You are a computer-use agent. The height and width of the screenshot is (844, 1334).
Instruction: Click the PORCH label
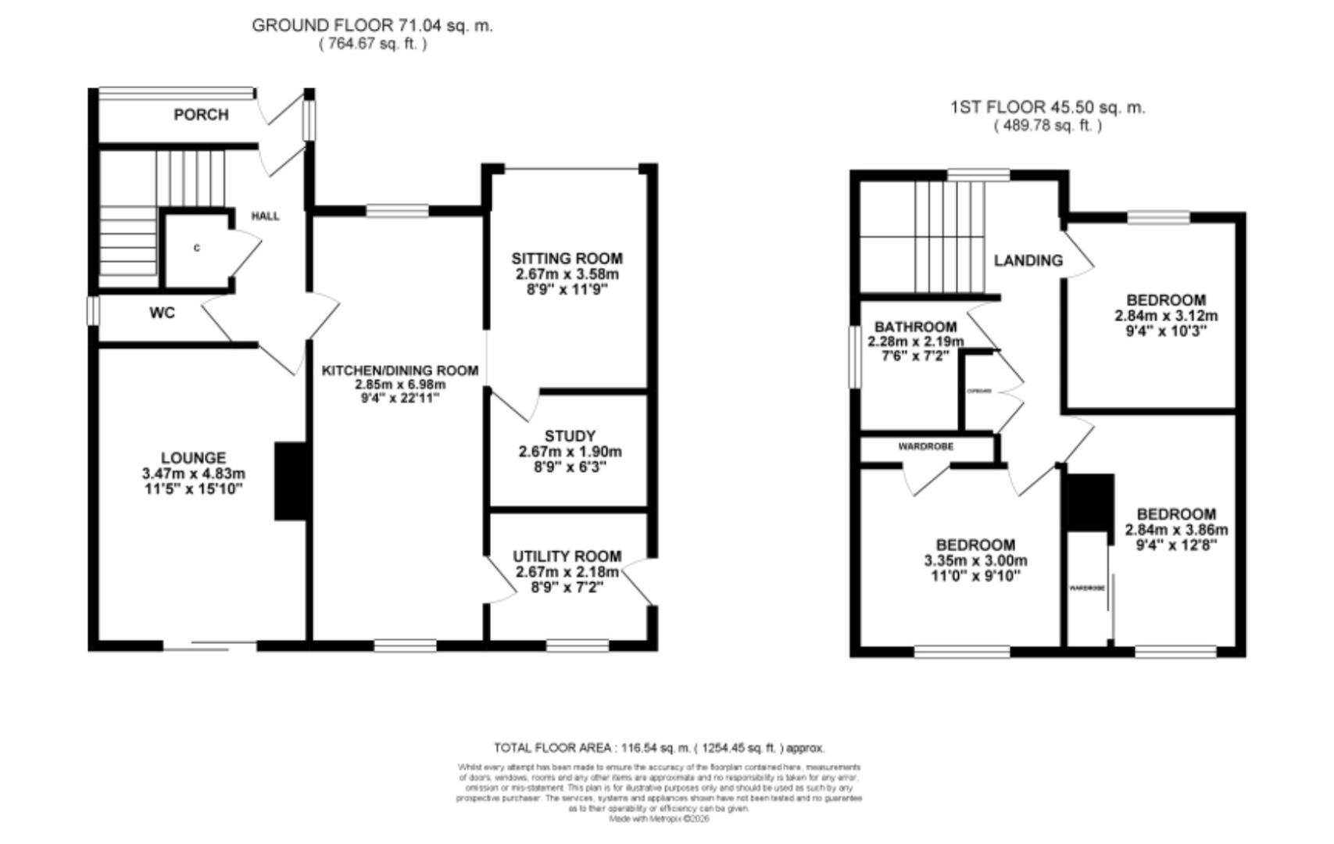coord(201,115)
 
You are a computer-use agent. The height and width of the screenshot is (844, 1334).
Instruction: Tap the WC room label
coord(163,313)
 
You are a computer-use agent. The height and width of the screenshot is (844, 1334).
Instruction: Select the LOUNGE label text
coord(193,458)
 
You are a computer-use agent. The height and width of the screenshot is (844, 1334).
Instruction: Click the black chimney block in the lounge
coord(289,481)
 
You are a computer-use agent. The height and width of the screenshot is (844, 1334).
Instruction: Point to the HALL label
coord(265,216)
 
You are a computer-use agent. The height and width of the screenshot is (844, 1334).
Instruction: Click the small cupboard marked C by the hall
coord(196,249)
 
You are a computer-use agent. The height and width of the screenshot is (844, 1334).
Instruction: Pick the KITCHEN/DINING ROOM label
coord(400,370)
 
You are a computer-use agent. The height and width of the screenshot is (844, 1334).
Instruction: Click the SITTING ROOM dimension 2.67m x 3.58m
coord(567,274)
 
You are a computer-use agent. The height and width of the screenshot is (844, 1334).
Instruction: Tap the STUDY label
coord(570,436)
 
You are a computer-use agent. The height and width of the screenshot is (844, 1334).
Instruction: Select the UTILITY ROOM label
coord(567,556)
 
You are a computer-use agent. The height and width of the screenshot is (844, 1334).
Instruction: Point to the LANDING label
coord(1028,261)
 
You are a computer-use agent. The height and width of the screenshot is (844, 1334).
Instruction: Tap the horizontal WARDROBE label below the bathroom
coord(925,447)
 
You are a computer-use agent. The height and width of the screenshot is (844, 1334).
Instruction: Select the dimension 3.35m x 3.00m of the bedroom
coord(975,561)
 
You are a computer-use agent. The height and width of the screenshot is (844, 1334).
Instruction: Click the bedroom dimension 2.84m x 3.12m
coord(1166,316)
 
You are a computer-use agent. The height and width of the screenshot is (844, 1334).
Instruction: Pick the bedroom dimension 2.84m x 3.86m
coord(1176,530)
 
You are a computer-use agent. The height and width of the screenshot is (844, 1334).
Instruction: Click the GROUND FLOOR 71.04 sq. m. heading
coord(372,25)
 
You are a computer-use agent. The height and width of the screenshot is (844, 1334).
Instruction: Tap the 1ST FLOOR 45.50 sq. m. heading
coord(1047,108)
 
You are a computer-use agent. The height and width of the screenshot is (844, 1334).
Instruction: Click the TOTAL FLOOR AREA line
coord(659,748)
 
